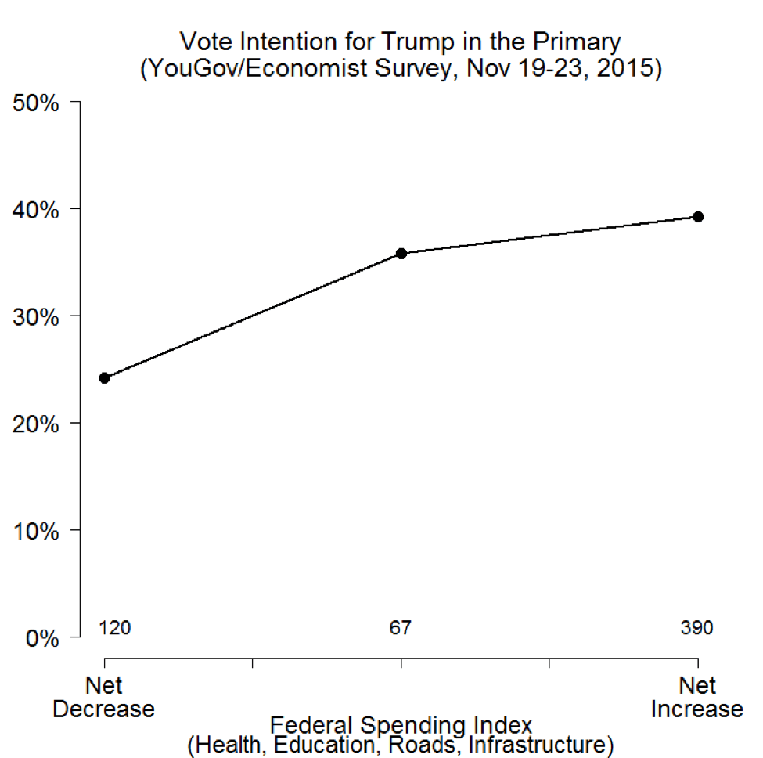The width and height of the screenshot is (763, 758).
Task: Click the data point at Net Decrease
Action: pos(104,378)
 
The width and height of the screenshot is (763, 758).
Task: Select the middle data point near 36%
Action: pos(401,254)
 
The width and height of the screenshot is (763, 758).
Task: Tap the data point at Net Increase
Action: pos(698,217)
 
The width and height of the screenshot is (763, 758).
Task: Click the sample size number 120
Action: pos(114,628)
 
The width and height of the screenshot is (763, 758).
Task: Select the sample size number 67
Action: pos(401,628)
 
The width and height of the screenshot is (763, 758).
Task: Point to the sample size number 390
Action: pos(696,628)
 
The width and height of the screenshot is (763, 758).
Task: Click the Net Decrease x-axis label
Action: pos(104,698)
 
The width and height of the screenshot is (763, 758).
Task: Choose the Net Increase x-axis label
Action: pos(697,698)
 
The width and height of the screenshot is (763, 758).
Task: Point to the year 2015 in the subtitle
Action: pos(626,69)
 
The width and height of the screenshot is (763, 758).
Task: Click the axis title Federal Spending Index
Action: pos(401,724)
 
